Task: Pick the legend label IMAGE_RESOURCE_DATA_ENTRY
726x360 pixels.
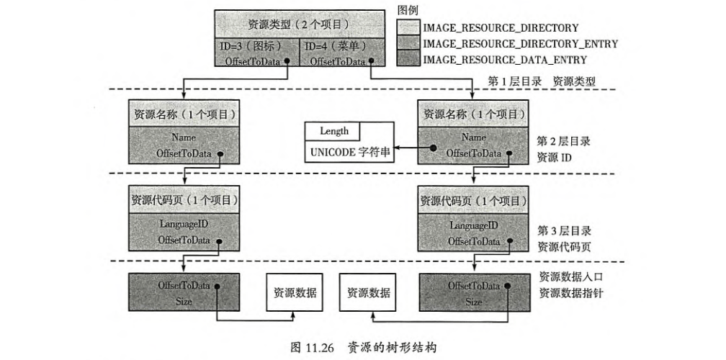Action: [504, 60]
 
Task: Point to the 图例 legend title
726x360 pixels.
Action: [409, 10]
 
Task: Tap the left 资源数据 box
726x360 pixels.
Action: [294, 293]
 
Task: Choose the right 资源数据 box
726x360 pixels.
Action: [368, 293]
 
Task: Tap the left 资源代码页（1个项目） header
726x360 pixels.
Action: [184, 199]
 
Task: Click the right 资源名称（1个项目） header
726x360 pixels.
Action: [473, 114]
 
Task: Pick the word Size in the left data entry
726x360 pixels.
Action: [184, 302]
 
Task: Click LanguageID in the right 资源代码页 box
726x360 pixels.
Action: [474, 225]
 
